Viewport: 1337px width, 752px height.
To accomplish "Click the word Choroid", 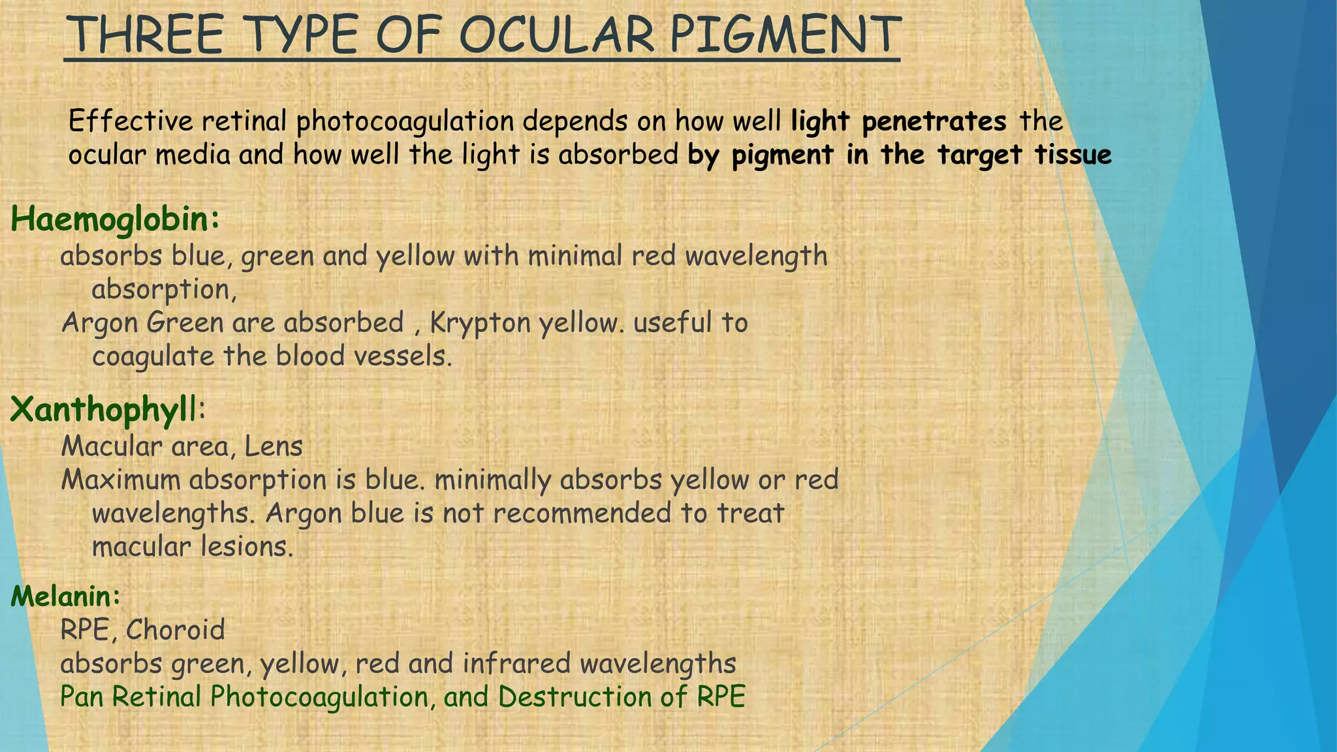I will point(175,630).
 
